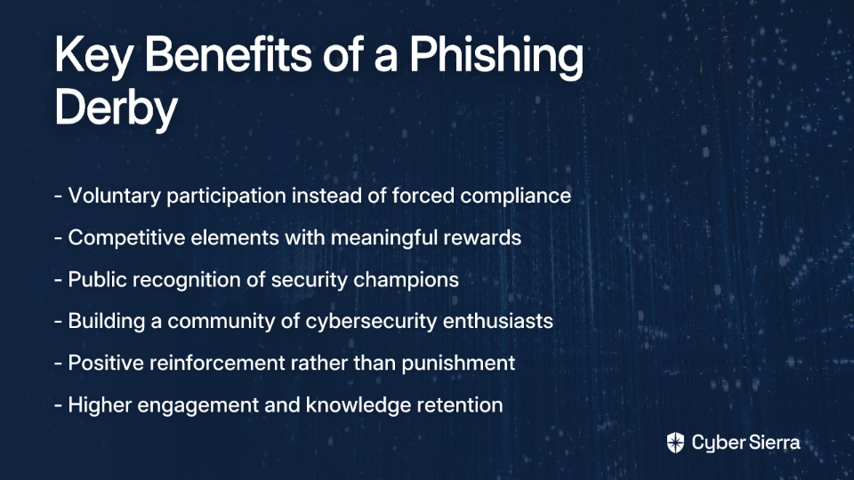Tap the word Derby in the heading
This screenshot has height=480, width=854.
click(116, 108)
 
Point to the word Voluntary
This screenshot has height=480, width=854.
click(115, 196)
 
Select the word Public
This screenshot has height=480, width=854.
click(97, 280)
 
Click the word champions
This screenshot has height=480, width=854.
click(406, 280)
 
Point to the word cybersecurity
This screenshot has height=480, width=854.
click(371, 321)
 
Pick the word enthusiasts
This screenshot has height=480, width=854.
click(498, 321)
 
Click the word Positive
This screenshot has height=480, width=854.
click(106, 363)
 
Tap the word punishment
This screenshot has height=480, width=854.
click(458, 363)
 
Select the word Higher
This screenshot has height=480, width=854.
click(100, 405)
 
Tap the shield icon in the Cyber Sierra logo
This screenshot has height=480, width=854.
click(675, 443)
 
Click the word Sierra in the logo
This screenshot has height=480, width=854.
click(773, 442)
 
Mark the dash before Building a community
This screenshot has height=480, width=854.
click(59, 322)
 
